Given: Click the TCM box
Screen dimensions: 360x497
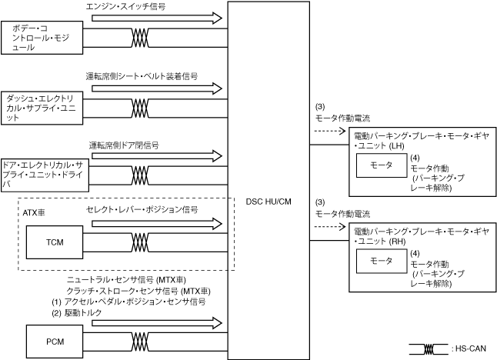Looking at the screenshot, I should pyautogui.click(x=54, y=243).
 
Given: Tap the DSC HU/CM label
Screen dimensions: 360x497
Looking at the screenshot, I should pyautogui.click(x=269, y=202).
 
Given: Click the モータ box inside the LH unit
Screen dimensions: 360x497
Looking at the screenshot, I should pyautogui.click(x=382, y=165).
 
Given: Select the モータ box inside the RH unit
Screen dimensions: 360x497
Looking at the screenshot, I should pyautogui.click(x=382, y=262).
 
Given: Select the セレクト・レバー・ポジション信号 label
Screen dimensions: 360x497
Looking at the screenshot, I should pyautogui.click(x=142, y=209).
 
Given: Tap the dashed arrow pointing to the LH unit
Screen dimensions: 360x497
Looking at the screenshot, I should pyautogui.click(x=329, y=131).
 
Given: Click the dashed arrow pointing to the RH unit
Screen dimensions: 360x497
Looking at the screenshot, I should pyautogui.click(x=329, y=227).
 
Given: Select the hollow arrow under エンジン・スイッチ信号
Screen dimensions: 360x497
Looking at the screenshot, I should pyautogui.click(x=155, y=18).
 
